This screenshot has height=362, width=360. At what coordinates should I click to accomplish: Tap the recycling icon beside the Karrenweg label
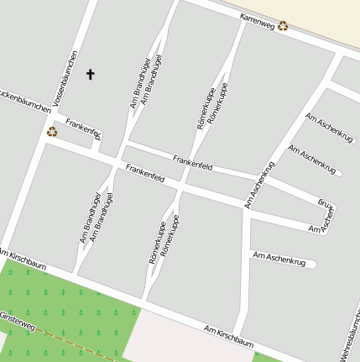click(x=284, y=25)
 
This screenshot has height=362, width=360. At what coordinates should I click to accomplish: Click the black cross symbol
click(x=91, y=74)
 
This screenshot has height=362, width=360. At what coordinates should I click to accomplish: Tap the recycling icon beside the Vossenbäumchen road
click(x=52, y=131)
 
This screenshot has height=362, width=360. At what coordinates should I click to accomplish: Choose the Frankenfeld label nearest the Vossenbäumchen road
click(x=84, y=129)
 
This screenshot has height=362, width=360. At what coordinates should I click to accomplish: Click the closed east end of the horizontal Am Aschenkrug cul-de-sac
click(x=316, y=265)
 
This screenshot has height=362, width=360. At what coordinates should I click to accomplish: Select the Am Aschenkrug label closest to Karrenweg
click(x=330, y=125)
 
